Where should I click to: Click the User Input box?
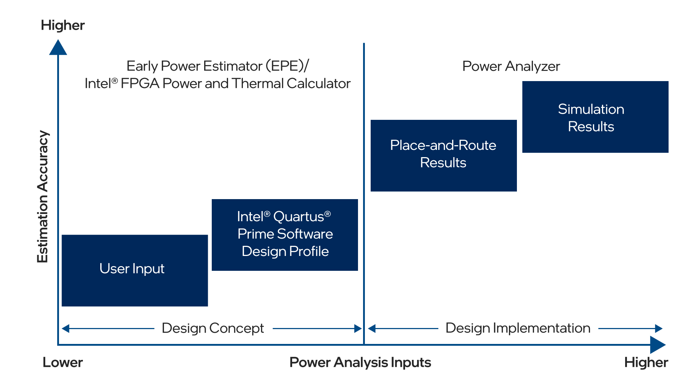[135, 270]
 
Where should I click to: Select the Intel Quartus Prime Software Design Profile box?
[285, 235]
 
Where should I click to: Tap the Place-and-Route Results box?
[443, 155]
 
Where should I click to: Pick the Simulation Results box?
[595, 117]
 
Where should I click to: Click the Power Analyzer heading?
[511, 66]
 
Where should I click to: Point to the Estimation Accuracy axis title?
[43, 196]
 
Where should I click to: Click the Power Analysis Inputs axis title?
[360, 362]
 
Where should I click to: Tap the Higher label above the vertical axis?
[63, 25]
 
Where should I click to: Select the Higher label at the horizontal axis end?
[646, 362]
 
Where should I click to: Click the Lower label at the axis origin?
[63, 362]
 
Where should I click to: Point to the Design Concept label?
[213, 328]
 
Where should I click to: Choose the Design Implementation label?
[518, 328]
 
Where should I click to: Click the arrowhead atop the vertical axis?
[58, 48]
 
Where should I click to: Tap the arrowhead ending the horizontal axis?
[657, 345]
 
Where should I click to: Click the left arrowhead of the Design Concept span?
[66, 329]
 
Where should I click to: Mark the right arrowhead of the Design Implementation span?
[659, 329]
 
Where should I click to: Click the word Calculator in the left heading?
[319, 84]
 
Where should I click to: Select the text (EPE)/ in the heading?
[287, 66]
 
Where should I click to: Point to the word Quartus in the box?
[298, 217]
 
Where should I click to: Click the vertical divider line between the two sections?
[364, 181]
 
